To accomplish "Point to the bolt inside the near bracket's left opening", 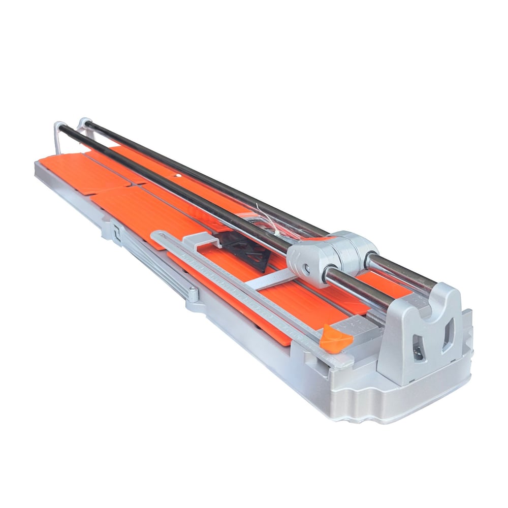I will point(418,352).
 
